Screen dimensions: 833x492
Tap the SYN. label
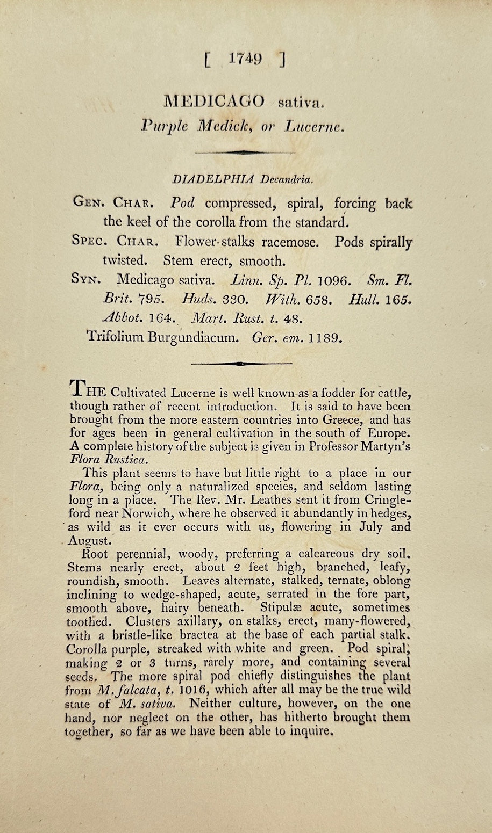point(85,279)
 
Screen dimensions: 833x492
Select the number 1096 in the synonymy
point(334,280)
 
